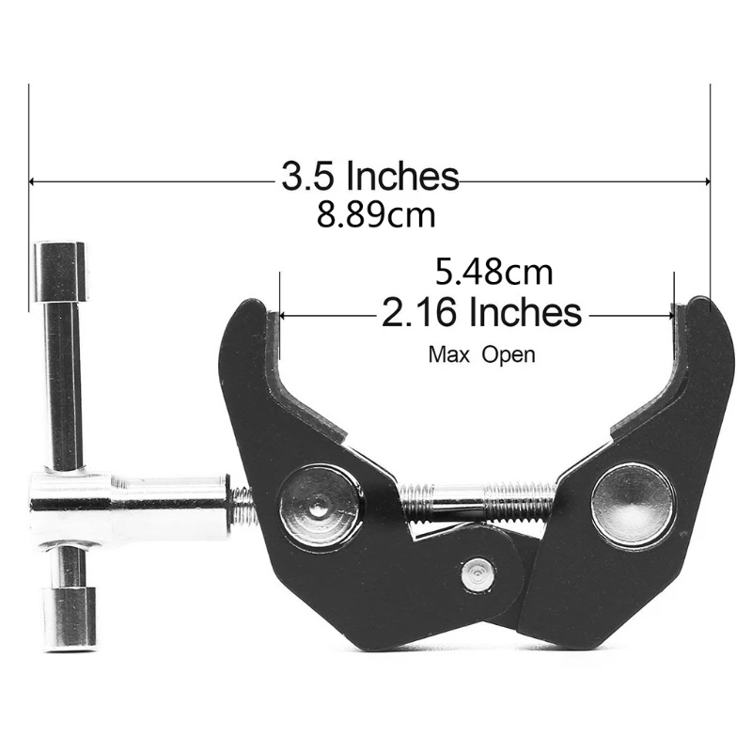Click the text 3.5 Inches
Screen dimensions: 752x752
[x=369, y=176]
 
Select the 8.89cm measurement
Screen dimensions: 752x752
[x=376, y=216]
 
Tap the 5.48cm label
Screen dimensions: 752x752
[x=493, y=274]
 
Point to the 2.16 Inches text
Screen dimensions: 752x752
[x=481, y=311]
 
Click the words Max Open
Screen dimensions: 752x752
[x=481, y=355]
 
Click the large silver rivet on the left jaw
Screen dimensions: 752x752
[x=321, y=507]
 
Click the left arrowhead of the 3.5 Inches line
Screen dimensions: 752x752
[x=35, y=180]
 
